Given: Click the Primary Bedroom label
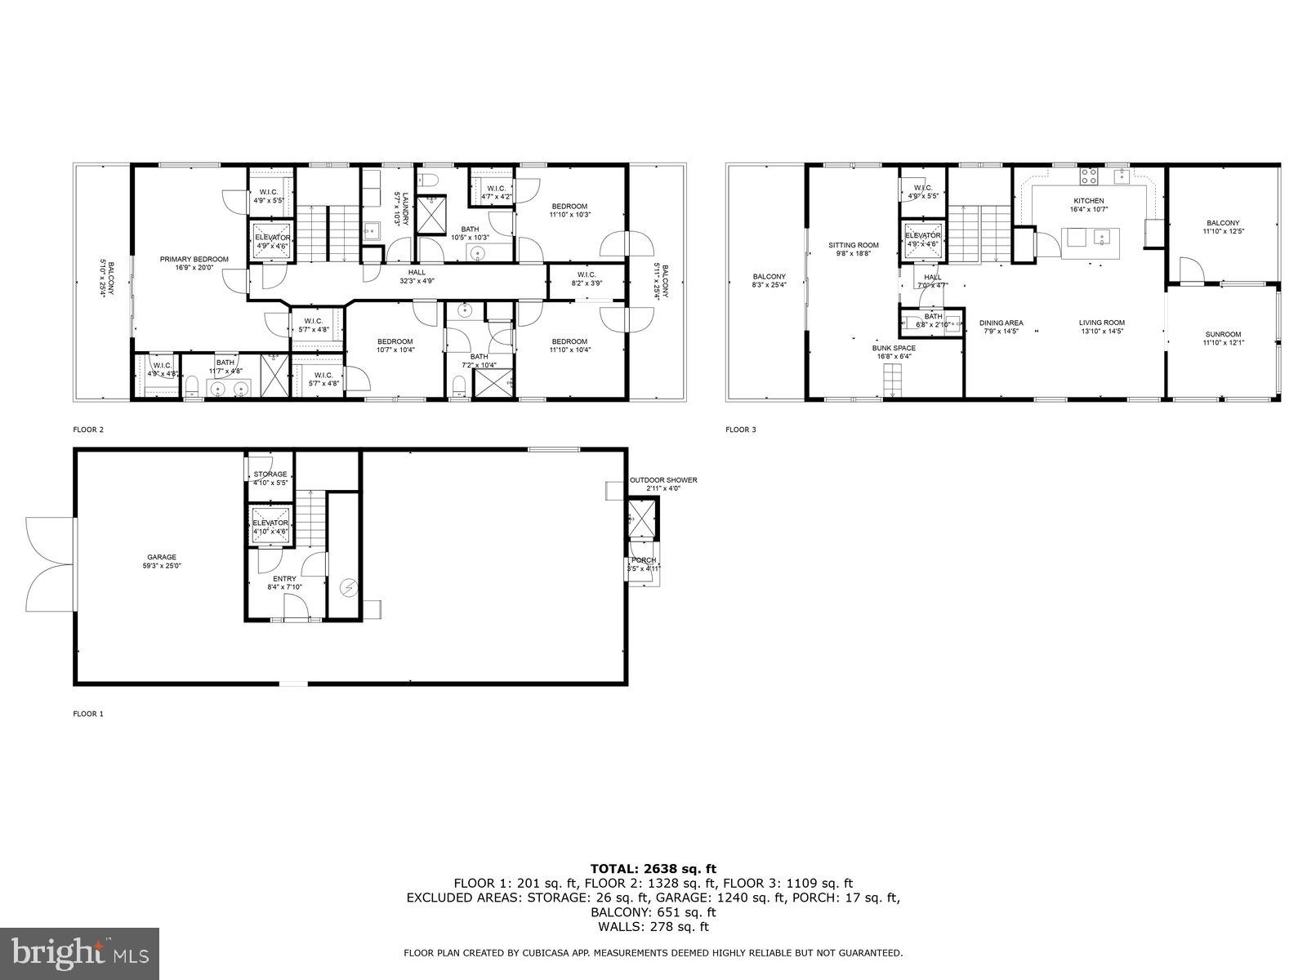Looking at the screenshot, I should point(194,260).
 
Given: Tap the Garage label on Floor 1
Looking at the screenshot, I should point(162,558).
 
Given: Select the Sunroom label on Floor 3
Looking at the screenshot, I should point(1221,334).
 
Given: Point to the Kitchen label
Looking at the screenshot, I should point(1088,201).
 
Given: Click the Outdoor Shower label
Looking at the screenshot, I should point(663,480).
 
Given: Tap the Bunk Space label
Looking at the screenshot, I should point(894,348).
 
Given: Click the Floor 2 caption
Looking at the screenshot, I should point(88,429).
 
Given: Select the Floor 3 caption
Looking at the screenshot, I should point(741,429).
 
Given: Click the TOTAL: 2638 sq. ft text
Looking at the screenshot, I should point(653,869).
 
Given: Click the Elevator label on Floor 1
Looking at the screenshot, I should point(270,523).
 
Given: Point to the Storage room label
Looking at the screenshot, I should point(270,474).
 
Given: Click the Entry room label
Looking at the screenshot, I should point(284,579).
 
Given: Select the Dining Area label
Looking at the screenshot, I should point(1001,323).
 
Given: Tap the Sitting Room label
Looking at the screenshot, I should point(853,245).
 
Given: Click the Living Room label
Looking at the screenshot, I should point(1102,323).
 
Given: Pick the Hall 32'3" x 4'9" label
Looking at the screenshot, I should point(417,273).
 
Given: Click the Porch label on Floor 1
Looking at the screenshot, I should point(644,560).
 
